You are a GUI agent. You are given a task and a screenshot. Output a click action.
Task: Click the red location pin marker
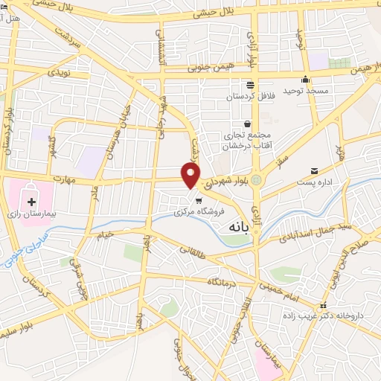click(x=191, y=174)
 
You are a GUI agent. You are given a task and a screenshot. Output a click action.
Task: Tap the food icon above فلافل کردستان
click(x=249, y=85)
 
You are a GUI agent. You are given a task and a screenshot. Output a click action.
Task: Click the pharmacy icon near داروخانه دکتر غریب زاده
click(x=322, y=306)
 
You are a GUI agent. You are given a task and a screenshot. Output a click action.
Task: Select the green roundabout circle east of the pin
click(x=257, y=179)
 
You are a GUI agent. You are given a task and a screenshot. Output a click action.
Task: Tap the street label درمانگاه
click(x=222, y=281)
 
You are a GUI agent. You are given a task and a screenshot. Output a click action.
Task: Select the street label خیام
click(x=104, y=235)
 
